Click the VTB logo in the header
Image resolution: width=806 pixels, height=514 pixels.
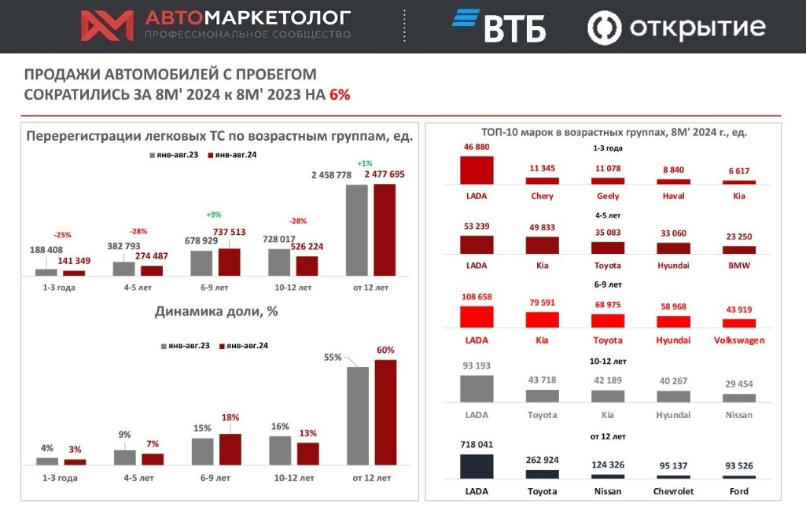click(x=499, y=26)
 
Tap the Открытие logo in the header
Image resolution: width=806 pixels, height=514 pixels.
click(x=676, y=28)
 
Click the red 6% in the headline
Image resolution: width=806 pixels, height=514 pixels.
click(x=340, y=94)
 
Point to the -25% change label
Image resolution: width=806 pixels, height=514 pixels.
click(x=63, y=234)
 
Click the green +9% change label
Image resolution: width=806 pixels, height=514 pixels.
click(x=214, y=215)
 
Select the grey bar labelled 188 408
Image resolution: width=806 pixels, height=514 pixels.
click(x=46, y=272)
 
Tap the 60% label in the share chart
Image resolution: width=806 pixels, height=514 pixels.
click(x=385, y=350)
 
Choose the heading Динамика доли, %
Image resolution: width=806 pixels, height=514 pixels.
click(x=216, y=310)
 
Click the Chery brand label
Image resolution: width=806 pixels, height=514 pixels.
click(x=542, y=196)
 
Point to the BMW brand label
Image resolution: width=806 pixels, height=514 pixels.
click(x=738, y=266)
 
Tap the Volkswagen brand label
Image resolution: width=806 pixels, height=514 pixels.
click(x=738, y=340)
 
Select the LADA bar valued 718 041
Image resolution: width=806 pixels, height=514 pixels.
click(x=477, y=465)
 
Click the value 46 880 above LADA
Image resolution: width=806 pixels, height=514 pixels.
click(x=477, y=147)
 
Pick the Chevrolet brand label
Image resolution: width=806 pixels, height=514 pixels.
click(x=673, y=491)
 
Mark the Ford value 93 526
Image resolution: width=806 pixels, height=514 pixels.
click(x=738, y=465)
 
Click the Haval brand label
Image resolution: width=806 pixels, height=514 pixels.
click(x=673, y=196)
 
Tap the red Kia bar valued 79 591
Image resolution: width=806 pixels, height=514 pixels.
click(x=542, y=319)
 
